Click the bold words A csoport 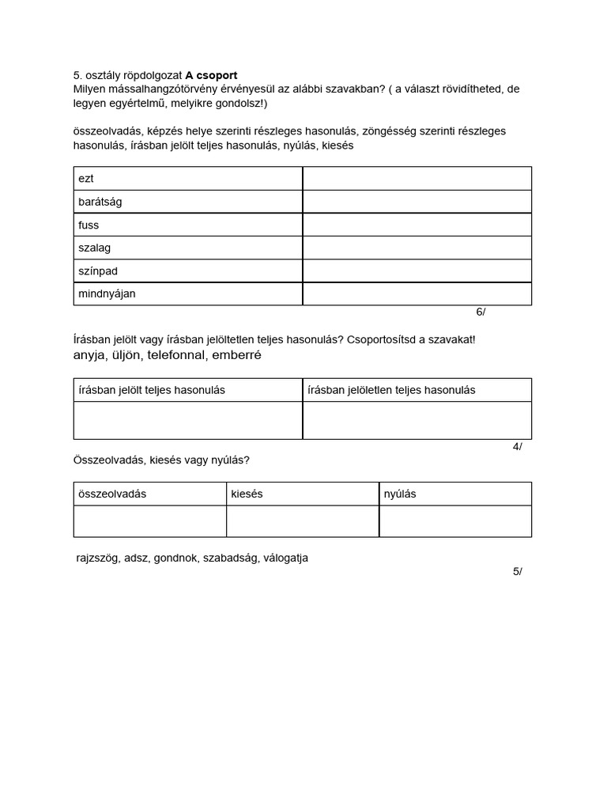tap(211, 75)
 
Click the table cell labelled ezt tap(86, 179)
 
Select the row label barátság tap(100, 202)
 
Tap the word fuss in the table tap(89, 225)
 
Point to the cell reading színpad tap(98, 271)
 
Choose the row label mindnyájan tap(107, 293)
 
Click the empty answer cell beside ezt tap(417, 179)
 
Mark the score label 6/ tap(481, 312)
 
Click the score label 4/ tap(517, 446)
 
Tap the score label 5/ tap(517, 571)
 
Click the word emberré tap(236, 355)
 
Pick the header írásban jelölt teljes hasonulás tap(152, 390)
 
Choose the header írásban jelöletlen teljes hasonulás tap(391, 390)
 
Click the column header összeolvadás tap(112, 494)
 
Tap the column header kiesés tap(247, 494)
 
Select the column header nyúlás tap(400, 494)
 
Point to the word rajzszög tap(98, 558)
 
